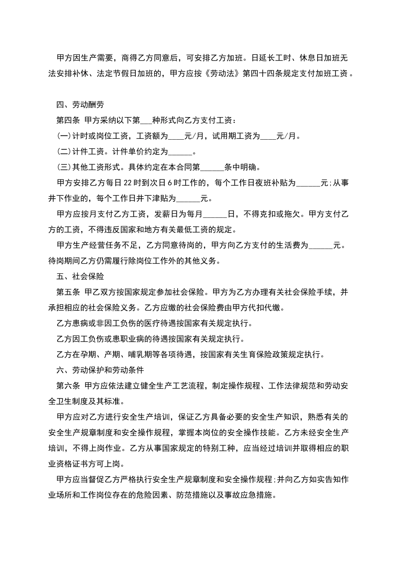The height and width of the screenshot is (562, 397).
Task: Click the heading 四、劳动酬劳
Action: [x=80, y=105]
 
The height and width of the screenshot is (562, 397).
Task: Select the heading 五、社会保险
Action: [x=80, y=276]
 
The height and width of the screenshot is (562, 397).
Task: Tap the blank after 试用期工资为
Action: [x=268, y=137]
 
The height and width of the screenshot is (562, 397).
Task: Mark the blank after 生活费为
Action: [x=321, y=246]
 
